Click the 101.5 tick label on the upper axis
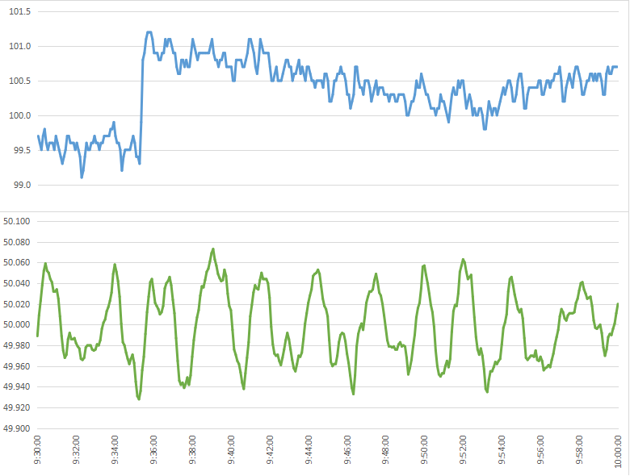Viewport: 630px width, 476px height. click(17, 11)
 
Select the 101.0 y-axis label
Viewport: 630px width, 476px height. click(17, 46)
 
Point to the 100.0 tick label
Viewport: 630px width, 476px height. click(17, 115)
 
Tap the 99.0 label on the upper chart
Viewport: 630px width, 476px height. click(19, 185)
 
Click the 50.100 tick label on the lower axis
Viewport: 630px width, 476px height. click(16, 221)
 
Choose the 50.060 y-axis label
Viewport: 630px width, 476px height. click(16, 263)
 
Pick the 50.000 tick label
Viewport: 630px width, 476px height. click(16, 325)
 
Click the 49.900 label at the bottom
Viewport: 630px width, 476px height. click(16, 429)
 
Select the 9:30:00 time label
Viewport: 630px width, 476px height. click(38, 452)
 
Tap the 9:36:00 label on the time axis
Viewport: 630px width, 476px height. click(153, 452)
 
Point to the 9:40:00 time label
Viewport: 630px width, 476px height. click(231, 452)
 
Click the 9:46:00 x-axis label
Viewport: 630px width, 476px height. click(346, 452)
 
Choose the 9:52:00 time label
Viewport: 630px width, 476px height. click(463, 452)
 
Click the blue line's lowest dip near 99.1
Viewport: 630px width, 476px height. click(82, 177)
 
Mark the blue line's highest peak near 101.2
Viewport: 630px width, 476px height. click(149, 32)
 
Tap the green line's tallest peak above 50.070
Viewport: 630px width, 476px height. click(213, 248)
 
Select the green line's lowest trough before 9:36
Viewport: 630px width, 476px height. click(139, 399)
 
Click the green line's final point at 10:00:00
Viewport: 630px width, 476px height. click(618, 304)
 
